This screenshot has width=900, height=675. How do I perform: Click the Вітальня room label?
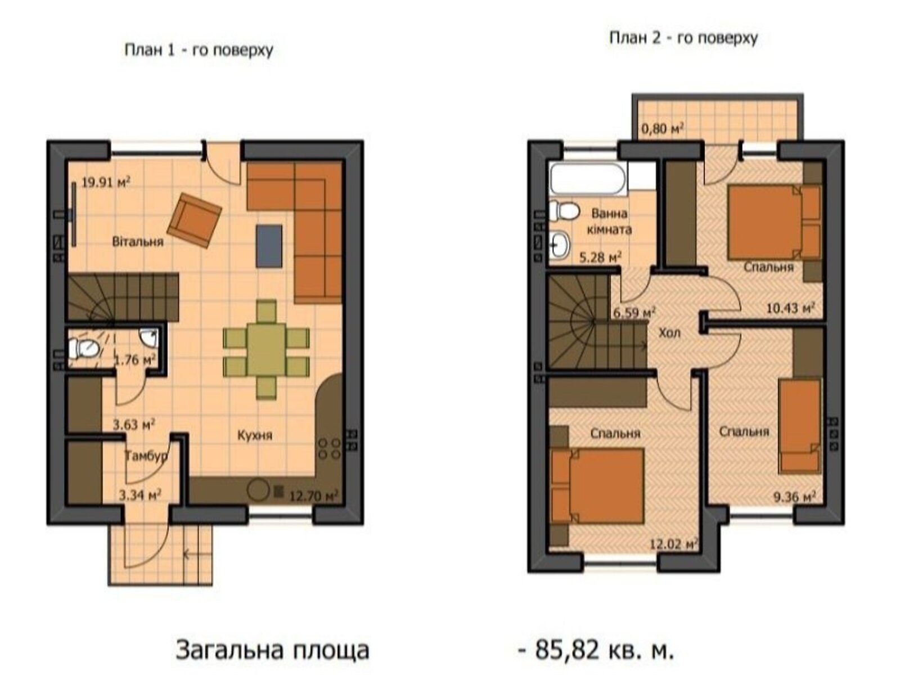(x=138, y=242)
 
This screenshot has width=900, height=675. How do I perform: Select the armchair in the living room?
(x=194, y=220)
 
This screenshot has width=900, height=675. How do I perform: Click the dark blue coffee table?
(x=269, y=246)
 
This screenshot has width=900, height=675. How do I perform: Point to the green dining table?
(x=267, y=349)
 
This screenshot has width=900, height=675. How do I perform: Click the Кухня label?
(x=255, y=435)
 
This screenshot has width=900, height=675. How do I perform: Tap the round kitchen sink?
(x=259, y=490)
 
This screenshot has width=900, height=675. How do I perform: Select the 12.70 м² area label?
(x=313, y=496)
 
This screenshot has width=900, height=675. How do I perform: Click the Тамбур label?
(x=146, y=456)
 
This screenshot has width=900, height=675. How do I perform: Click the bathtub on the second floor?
(x=588, y=179)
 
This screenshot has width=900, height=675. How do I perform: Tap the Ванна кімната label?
(x=609, y=222)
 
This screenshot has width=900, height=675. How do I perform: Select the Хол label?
(x=669, y=333)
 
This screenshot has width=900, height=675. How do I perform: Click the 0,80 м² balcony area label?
(x=663, y=129)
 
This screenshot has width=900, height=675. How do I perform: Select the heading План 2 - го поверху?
(x=683, y=38)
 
